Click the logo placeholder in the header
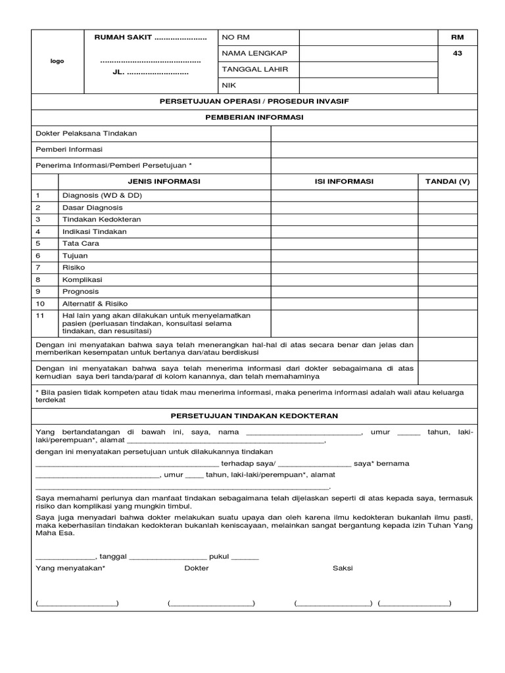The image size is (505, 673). coord(58,61)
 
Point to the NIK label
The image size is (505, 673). coord(229,85)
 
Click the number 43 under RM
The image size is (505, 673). coord(458,54)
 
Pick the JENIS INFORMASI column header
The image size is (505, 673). coord(164,181)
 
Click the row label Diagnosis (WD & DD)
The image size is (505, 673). coord(103,196)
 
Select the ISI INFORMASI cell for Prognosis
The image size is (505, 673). coord(344,291)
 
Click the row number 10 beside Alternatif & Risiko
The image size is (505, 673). coord(40,304)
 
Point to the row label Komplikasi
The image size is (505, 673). coord(82,279)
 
